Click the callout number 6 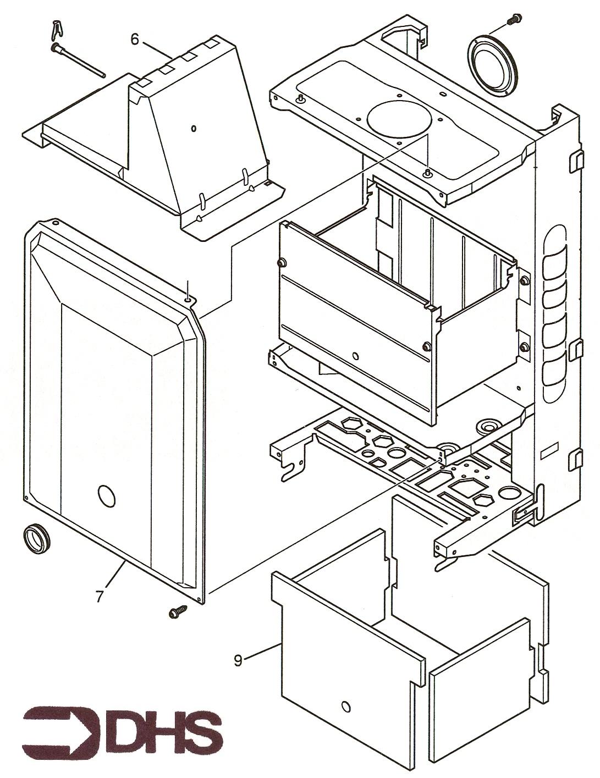click(x=134, y=39)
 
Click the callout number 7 click(x=99, y=595)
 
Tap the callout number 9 click(x=238, y=660)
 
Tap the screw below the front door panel click(x=178, y=610)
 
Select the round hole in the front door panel click(x=106, y=496)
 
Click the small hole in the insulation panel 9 click(x=345, y=705)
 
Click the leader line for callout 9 click(x=262, y=652)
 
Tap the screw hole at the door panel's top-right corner click(x=189, y=300)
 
